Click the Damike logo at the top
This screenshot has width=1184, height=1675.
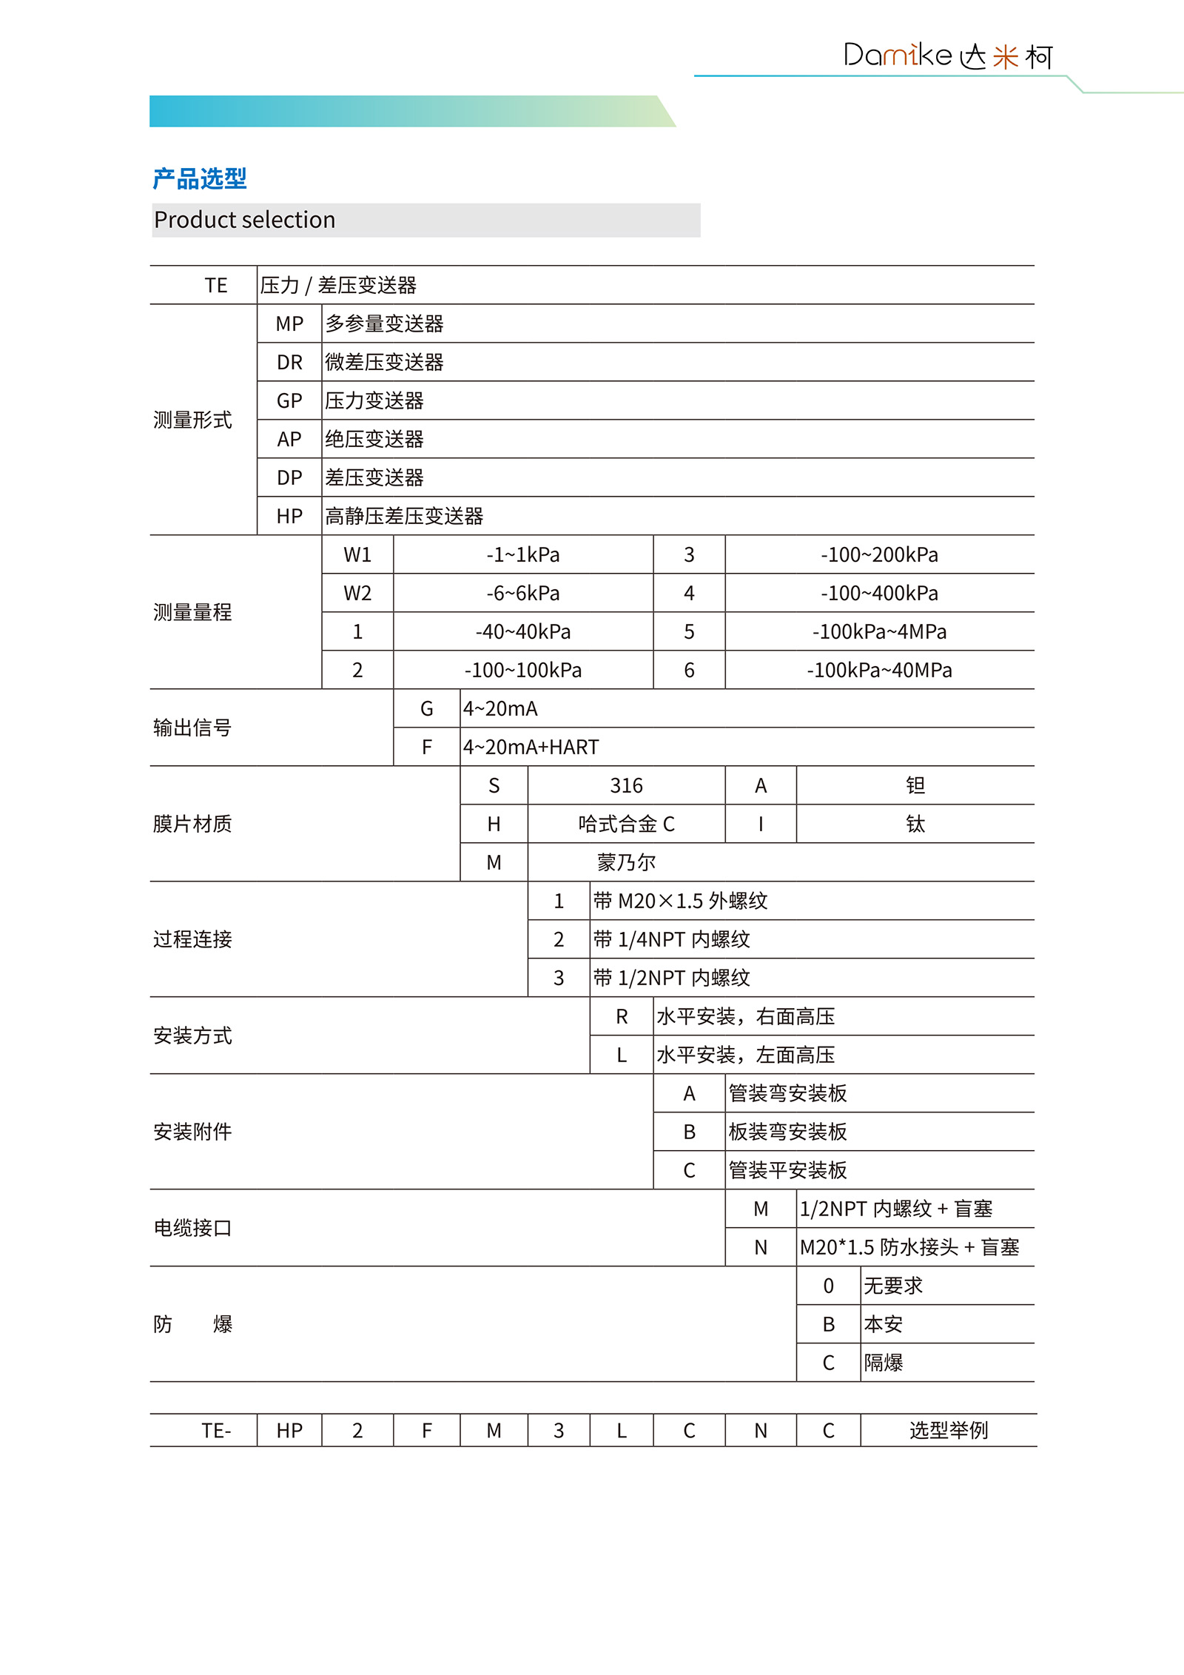(947, 56)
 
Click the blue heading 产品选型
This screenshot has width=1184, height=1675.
(200, 178)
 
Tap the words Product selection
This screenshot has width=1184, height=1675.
(244, 220)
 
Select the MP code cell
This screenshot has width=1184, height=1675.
(289, 324)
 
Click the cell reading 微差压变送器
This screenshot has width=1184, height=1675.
(384, 363)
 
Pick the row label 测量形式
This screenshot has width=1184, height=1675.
(192, 420)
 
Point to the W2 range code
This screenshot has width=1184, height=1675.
(357, 594)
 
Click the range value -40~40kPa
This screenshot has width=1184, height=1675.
(523, 632)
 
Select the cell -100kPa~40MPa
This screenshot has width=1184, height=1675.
(879, 671)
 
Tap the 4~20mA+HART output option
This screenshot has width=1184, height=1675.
(531, 748)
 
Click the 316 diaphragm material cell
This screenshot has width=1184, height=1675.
(626, 786)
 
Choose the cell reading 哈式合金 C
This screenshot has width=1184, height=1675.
(626, 825)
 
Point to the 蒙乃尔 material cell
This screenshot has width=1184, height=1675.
(626, 863)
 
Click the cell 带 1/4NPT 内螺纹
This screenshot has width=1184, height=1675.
(671, 940)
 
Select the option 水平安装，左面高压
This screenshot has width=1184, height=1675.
(745, 1055)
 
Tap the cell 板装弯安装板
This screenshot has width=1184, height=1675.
(787, 1132)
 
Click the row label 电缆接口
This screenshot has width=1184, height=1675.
(192, 1229)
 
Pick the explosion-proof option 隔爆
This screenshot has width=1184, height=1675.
(884, 1363)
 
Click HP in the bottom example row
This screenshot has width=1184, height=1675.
(289, 1431)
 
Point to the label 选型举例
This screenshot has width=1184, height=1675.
(948, 1431)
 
